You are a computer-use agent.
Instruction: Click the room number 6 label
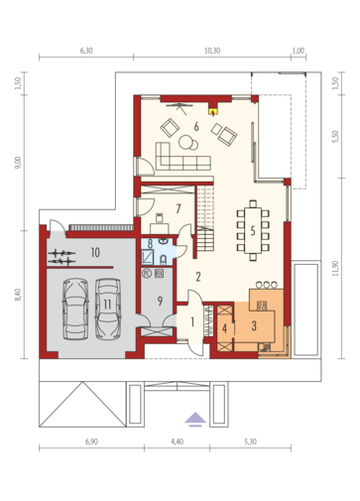pos(196,126)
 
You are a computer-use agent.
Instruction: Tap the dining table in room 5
pos(253,230)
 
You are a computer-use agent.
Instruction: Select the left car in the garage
pos(75,309)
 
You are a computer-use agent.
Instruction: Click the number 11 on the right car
pos(107,304)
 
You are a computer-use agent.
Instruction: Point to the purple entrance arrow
pos(195,420)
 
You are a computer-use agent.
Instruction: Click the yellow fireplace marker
pos(213,110)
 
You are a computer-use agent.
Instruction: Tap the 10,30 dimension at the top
pos(212,51)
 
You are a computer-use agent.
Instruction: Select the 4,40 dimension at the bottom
pos(178,441)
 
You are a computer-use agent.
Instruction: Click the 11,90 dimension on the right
pos(336,268)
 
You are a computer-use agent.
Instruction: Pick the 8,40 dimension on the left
pos(18,295)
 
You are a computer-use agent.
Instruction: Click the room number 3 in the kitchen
pos(254,326)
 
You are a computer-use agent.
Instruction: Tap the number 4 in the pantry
pos(225,328)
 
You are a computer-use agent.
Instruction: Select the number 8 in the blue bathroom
pos(150,244)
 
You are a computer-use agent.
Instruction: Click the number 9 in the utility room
pos(160,301)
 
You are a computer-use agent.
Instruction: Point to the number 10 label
pos(95,253)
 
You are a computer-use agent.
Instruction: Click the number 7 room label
pos(179,209)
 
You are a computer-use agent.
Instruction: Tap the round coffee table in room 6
pos(186,141)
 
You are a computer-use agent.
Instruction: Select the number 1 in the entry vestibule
pos(192,321)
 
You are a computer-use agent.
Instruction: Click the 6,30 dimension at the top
pos(86,51)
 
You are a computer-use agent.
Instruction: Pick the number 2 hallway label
pos(198,277)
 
